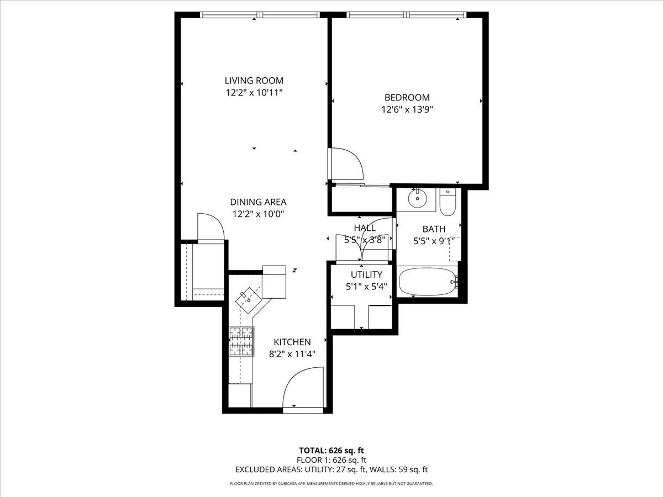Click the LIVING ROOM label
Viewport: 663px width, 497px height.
pos(254,81)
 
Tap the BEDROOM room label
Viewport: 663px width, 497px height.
pos(407,98)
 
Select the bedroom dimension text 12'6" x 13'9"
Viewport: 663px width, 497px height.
pos(407,109)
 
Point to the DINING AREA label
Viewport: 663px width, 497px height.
pos(258,202)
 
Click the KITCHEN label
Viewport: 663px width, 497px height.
pos(292,342)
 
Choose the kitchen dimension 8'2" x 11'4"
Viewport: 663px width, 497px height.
pos(292,353)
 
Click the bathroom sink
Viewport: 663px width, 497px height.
pos(418,198)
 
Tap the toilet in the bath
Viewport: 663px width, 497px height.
pos(448,202)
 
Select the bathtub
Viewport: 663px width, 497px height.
pos(427,282)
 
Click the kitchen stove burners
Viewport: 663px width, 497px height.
pos(241,341)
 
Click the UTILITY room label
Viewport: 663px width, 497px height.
pos(366,274)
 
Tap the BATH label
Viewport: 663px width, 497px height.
pos(434,229)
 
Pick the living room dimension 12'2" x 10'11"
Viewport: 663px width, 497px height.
pos(254,93)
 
